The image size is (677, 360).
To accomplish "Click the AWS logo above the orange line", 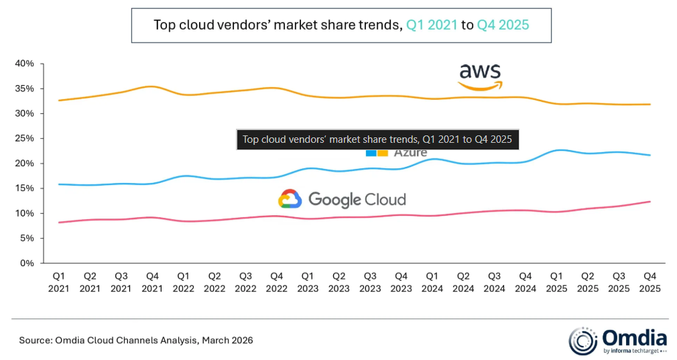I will [479, 76].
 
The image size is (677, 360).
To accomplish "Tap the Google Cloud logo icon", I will [290, 199].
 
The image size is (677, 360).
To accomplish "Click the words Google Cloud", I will [357, 199].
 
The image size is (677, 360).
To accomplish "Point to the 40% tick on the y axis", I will [25, 64].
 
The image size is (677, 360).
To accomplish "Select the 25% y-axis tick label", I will [25, 139].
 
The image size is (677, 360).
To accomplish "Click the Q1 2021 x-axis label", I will [59, 282].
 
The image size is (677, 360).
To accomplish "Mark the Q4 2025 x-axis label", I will [650, 282].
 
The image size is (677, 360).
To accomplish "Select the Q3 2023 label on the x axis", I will [370, 282].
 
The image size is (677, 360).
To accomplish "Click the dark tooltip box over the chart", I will [377, 139].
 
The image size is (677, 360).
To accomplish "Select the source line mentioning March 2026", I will [136, 341].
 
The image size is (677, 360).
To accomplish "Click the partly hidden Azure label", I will [410, 154].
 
